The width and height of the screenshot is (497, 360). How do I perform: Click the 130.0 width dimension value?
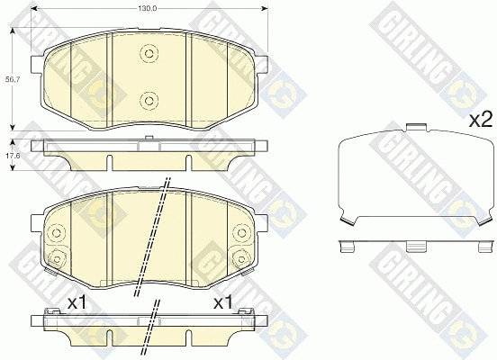[147, 9]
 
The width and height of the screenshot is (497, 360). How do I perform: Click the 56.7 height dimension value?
[13, 80]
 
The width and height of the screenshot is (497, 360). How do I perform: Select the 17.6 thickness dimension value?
[13, 156]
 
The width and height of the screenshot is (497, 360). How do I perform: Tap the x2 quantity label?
[481, 120]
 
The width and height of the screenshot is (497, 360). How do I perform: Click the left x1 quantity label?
[77, 303]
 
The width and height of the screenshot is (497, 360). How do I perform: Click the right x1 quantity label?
[223, 303]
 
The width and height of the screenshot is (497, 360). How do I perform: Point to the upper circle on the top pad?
[149, 53]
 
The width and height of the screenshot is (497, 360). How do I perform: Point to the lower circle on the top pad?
[149, 101]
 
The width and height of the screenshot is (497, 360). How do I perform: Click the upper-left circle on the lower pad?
[57, 233]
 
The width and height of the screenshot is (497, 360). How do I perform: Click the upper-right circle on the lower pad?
[241, 233]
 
